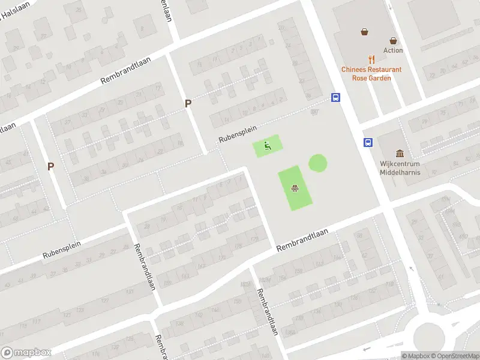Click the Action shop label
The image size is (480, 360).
393,50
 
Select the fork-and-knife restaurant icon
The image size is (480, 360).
372,59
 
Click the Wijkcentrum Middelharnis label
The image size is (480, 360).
400,168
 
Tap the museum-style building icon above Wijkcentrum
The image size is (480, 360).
400,154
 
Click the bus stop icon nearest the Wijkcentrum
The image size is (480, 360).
367,142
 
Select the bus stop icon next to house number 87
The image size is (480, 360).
335,98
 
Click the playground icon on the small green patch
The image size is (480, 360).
268,145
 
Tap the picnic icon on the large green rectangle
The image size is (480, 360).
295,188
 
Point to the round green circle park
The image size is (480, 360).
318,163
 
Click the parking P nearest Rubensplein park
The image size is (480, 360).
188,103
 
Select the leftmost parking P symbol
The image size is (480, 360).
51,166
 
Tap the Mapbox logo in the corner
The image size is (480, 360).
26,353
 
